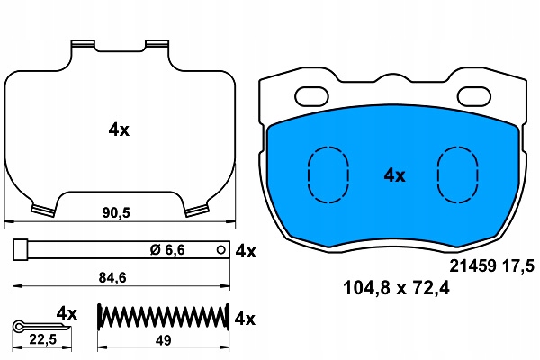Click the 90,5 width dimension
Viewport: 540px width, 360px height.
(116, 213)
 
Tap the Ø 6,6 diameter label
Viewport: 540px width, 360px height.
(167, 250)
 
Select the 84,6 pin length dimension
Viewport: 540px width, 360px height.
(112, 277)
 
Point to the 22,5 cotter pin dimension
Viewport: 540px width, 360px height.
(42, 339)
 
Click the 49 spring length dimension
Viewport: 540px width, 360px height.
(163, 340)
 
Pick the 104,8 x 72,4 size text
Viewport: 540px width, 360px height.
(396, 288)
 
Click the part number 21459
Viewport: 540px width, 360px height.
(472, 266)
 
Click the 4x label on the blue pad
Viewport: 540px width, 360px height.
(395, 175)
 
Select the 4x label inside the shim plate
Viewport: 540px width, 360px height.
(119, 130)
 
